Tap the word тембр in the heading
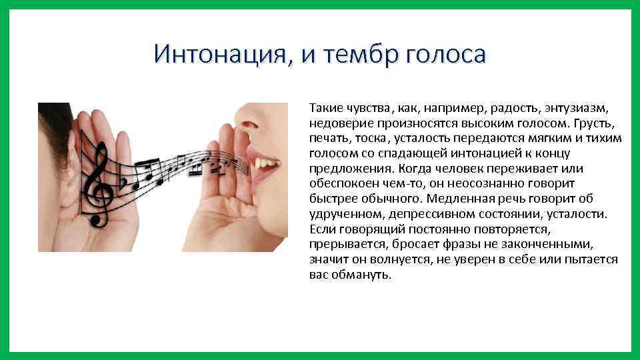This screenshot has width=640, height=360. tap(358, 54)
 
